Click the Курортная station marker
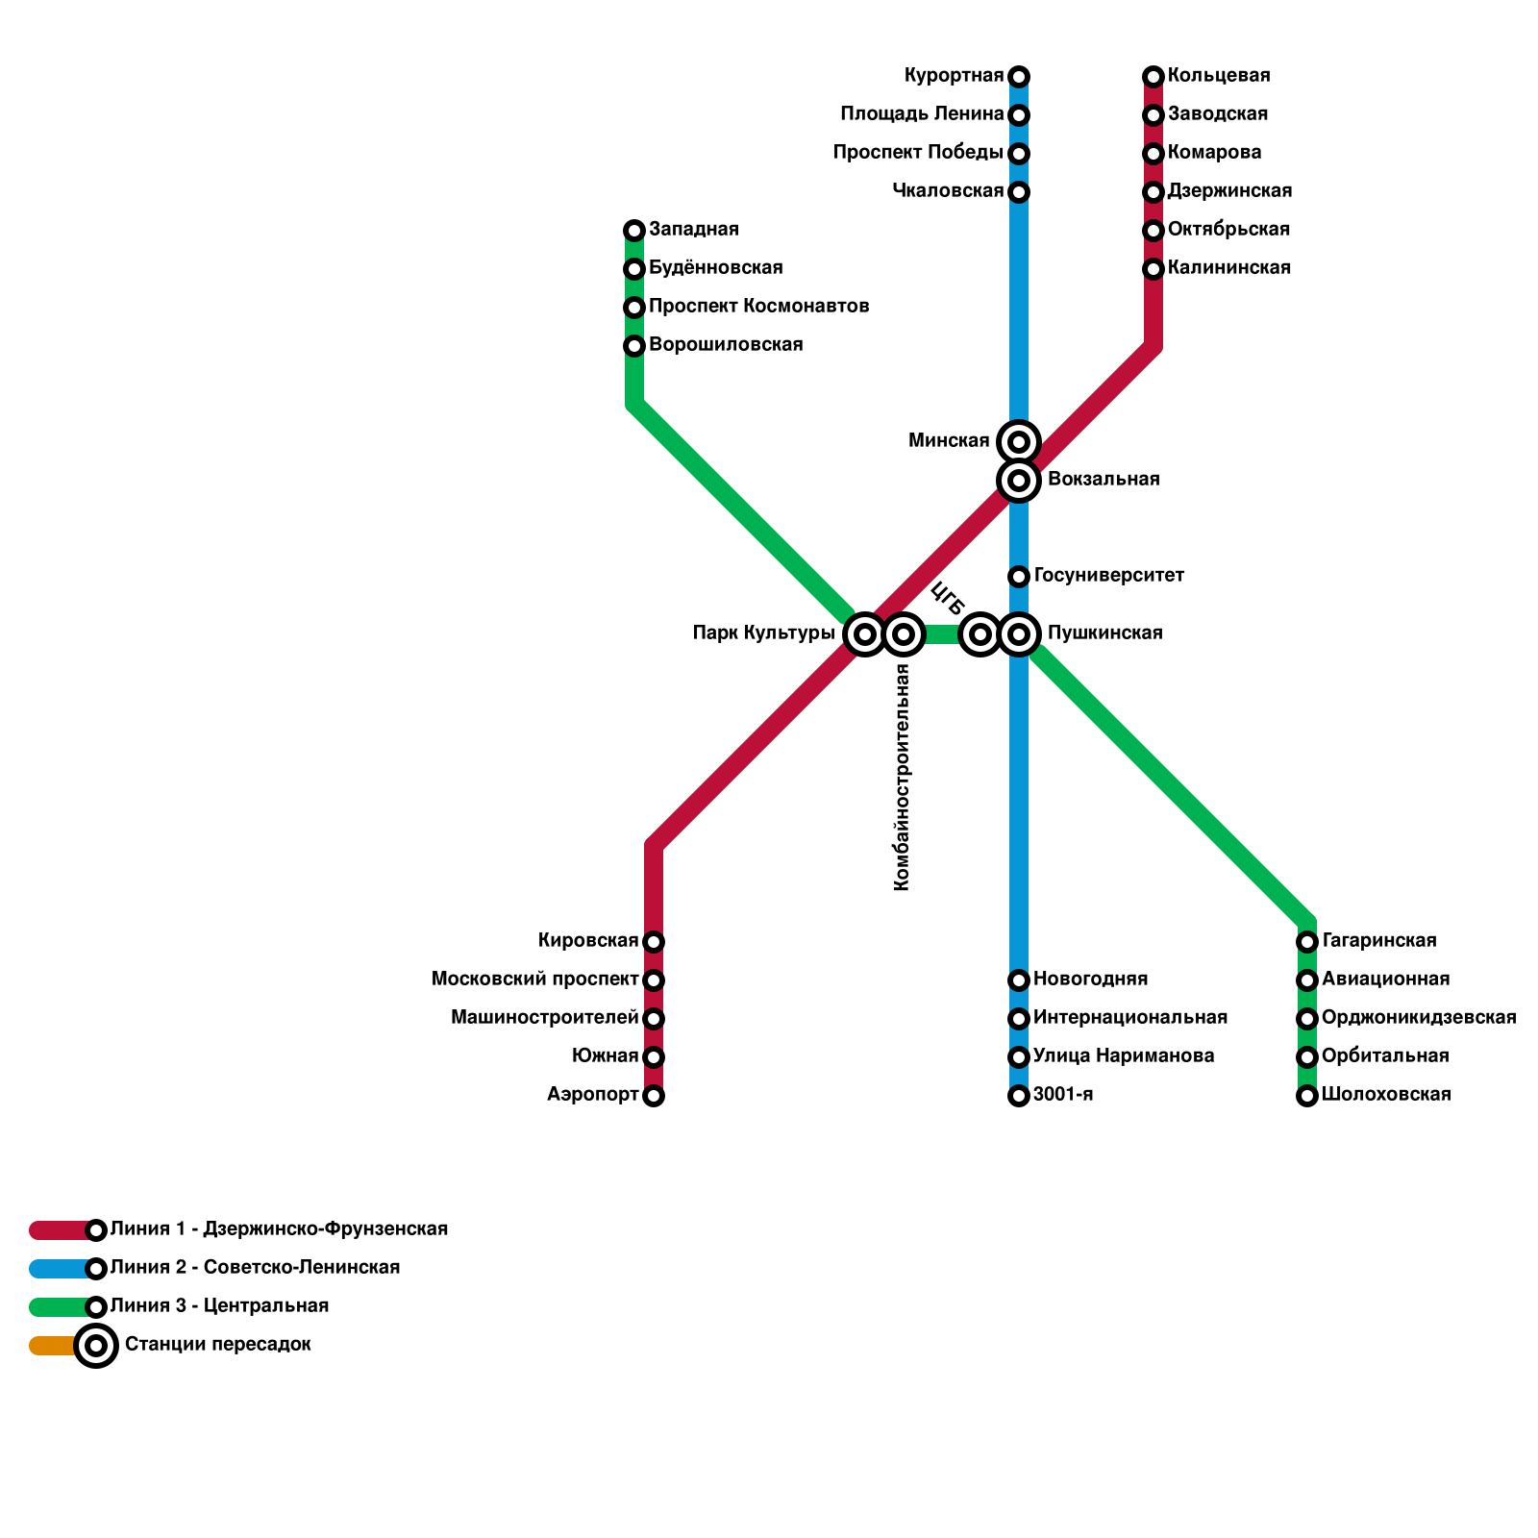coord(1019,77)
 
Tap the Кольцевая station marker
coord(1153,77)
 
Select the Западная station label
coord(693,230)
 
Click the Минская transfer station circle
coord(1019,442)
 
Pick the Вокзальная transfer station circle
coord(1019,480)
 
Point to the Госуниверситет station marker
coord(1019,577)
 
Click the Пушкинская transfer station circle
coord(1019,634)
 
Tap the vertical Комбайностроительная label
coord(902,779)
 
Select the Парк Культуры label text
coord(763,633)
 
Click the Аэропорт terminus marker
coord(654,1096)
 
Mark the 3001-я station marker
coord(1019,1096)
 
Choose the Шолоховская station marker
coord(1307,1096)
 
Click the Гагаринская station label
coord(1378,941)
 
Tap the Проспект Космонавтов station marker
coord(634,308)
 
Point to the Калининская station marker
coord(1153,269)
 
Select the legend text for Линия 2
coord(255,1268)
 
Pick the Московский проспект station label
coord(535,980)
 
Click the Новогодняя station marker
coord(1019,980)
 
